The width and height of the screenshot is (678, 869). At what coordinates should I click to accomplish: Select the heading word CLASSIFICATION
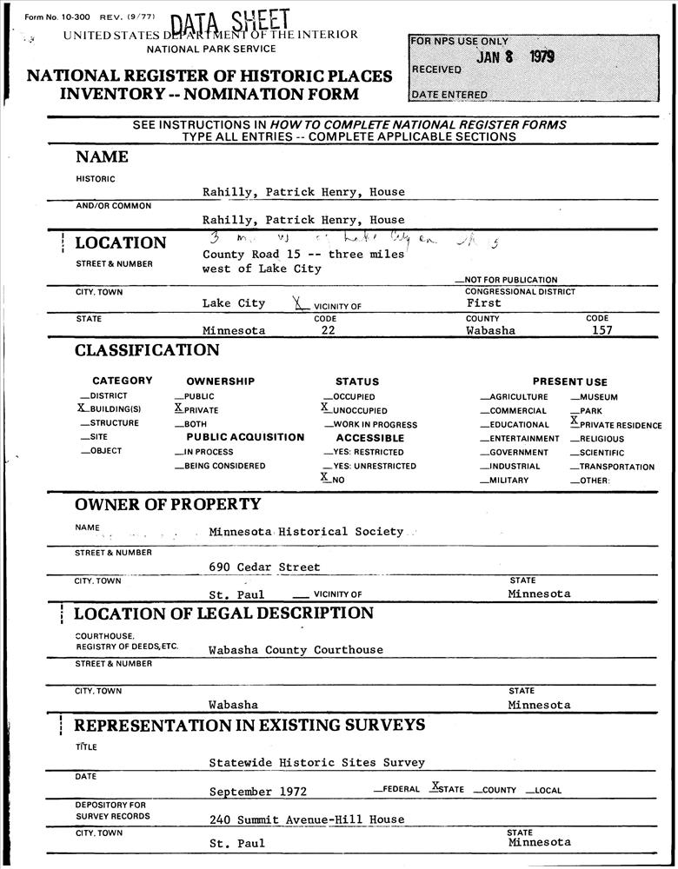pyautogui.click(x=147, y=351)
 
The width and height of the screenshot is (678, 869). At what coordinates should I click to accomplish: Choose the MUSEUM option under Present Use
pyautogui.click(x=598, y=397)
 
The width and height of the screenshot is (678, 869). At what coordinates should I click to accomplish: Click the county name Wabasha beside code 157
pyautogui.click(x=490, y=330)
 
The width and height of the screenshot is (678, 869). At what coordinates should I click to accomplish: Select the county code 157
pyautogui.click(x=602, y=330)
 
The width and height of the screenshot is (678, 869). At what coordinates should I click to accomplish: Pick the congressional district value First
pyautogui.click(x=484, y=303)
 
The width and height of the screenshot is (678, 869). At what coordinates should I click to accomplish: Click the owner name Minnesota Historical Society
pyautogui.click(x=306, y=531)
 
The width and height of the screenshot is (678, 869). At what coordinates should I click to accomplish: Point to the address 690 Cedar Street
pyautogui.click(x=264, y=567)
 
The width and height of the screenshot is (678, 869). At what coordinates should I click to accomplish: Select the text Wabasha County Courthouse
pyautogui.click(x=296, y=650)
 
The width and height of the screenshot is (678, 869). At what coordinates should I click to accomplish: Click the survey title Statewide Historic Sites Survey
pyautogui.click(x=316, y=763)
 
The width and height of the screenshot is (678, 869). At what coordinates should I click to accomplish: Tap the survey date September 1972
pyautogui.click(x=257, y=792)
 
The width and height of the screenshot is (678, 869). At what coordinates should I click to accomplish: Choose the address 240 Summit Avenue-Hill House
pyautogui.click(x=307, y=819)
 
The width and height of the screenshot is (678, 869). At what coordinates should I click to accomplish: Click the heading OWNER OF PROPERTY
pyautogui.click(x=168, y=504)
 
